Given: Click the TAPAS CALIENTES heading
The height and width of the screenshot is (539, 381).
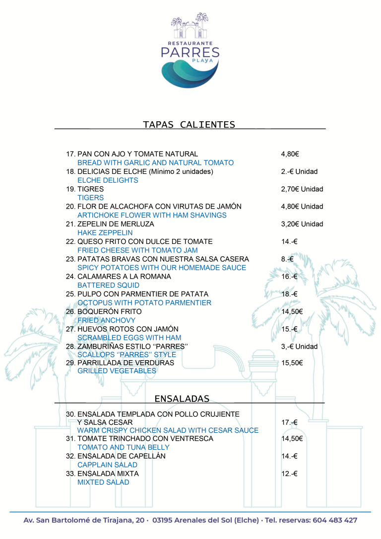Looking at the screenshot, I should [x=189, y=124].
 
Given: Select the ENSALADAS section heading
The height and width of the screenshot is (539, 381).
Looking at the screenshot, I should [x=182, y=398].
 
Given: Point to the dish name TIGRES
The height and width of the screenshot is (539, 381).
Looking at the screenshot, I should [x=91, y=189].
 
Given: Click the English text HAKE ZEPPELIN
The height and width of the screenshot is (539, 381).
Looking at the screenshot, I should [x=105, y=232].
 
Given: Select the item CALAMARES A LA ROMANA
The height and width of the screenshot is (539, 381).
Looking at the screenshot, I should [x=124, y=276].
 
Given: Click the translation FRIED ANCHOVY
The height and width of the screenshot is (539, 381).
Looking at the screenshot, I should [x=107, y=320].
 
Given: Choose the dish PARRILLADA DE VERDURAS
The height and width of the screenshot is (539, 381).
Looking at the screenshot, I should [x=126, y=363].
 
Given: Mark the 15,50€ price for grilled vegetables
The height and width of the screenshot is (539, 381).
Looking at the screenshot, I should [x=292, y=363].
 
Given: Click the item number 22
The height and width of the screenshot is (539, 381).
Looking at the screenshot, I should [x=70, y=241].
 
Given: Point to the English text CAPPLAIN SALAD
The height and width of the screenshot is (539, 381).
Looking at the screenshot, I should [x=108, y=465].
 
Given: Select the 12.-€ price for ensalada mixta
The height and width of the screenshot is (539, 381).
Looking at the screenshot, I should [x=289, y=473].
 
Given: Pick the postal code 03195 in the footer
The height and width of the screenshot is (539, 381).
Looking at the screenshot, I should [x=165, y=521].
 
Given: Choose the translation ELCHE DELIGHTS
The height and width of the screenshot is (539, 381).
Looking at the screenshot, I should [x=108, y=180].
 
